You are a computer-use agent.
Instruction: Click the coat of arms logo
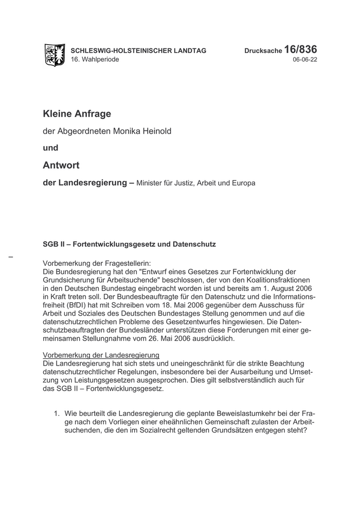pyautogui.click(x=55, y=54)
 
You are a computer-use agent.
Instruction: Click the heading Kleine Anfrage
pyautogui.click(x=77, y=113)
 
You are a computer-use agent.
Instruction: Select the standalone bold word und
pyautogui.click(x=50, y=148)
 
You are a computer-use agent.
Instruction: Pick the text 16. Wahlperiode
pyautogui.click(x=95, y=60)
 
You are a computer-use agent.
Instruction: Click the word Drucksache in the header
pyautogui.click(x=263, y=51)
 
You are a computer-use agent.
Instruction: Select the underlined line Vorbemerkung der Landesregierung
pyautogui.click(x=101, y=356)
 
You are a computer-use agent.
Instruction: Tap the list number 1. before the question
pyautogui.click(x=58, y=413)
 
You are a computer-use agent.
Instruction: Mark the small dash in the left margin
pyautogui.click(x=11, y=256)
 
